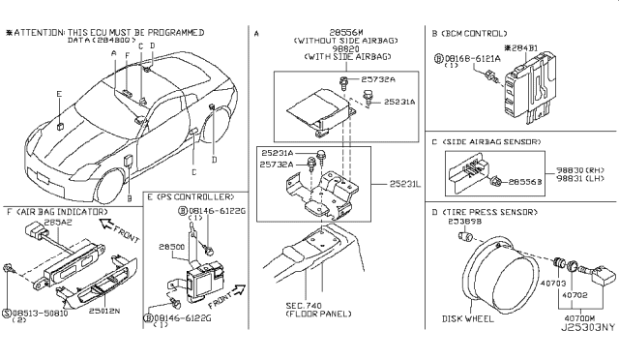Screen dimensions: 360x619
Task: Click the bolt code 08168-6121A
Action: point(475,58)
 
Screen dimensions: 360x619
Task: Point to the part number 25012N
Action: point(102,313)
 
